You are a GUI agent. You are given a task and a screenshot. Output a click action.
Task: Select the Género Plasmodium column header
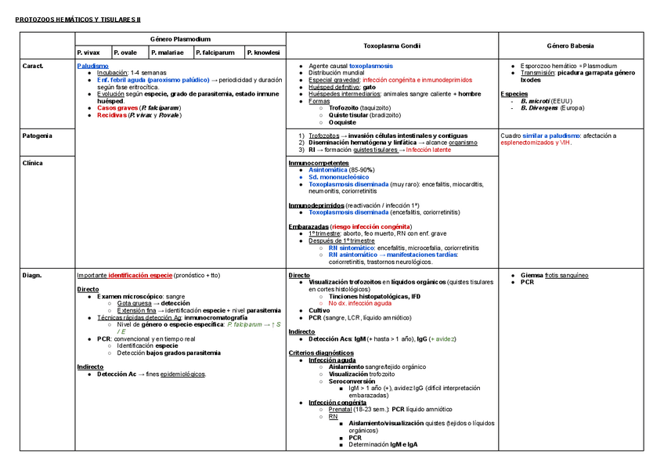tap(180, 39)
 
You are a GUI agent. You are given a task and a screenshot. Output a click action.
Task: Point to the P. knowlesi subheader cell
tap(263, 52)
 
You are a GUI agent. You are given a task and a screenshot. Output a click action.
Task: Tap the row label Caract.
tap(34, 66)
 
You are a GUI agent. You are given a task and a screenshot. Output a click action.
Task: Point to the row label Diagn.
tap(32, 276)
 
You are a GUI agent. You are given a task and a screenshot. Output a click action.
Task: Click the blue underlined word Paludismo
tap(93, 66)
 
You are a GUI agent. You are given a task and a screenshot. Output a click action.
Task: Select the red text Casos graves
tap(117, 108)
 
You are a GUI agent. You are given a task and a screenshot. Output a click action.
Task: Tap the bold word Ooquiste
tap(342, 122)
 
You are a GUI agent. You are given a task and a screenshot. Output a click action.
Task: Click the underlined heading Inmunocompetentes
tap(318, 163)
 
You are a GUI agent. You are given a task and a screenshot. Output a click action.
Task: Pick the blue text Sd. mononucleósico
tap(340, 177)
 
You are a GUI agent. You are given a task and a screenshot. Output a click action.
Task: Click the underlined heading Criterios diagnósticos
tap(321, 352)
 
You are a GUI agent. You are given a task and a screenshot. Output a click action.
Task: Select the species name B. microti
tap(535, 101)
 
